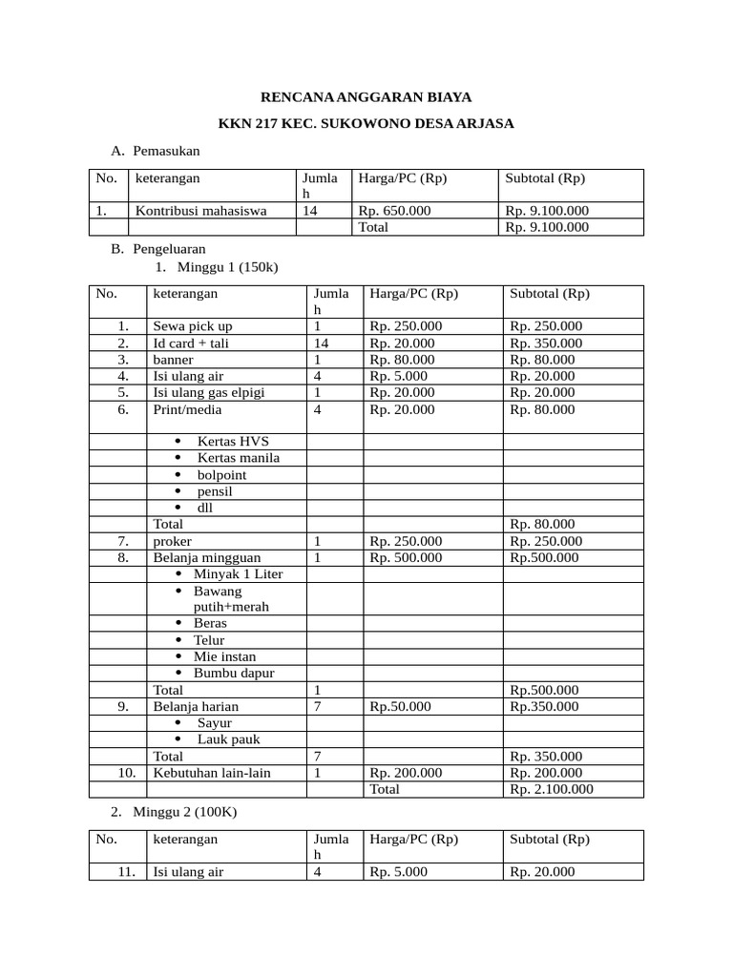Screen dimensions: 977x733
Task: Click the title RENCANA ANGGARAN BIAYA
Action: click(366, 97)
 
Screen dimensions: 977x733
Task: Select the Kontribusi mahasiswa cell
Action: click(200, 211)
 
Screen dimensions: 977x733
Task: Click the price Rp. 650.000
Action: click(394, 211)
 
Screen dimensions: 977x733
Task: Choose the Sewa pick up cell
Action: click(193, 326)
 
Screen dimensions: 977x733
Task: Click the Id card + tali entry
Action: click(191, 343)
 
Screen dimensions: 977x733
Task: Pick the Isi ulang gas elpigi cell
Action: click(209, 392)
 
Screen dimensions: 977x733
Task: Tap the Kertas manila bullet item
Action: click(239, 458)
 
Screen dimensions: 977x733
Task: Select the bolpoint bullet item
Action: click(221, 474)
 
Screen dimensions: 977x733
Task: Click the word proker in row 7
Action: click(173, 541)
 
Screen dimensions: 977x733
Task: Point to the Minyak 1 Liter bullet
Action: click(238, 573)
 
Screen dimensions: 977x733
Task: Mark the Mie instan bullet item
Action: click(224, 656)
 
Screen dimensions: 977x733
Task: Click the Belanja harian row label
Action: click(196, 707)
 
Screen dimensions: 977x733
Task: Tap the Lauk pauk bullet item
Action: click(228, 739)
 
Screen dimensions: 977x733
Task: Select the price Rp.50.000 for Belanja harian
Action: click(400, 707)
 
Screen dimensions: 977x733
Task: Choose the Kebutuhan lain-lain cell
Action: click(212, 773)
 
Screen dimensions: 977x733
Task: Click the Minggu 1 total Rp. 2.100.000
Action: click(552, 789)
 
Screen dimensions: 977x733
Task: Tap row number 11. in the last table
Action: click(129, 872)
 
